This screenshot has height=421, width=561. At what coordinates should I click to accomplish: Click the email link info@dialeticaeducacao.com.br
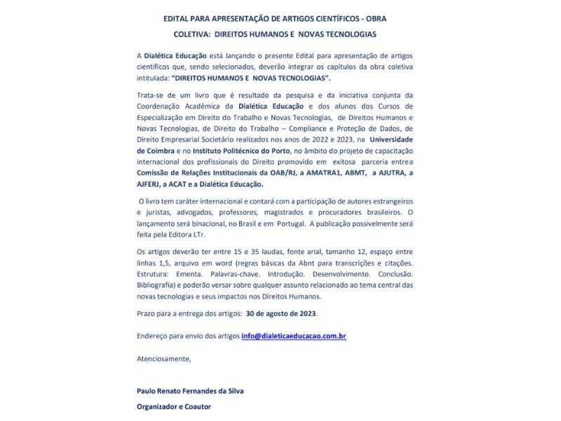coord(294,336)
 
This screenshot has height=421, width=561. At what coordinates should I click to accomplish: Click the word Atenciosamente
coord(164,359)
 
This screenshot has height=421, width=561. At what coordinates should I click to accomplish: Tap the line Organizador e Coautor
coord(174,406)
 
